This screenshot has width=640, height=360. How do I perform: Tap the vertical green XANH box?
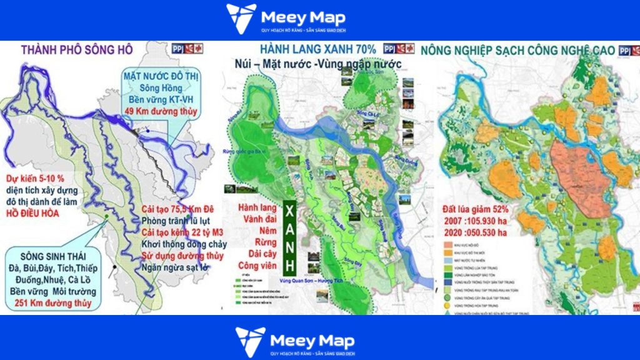(x=289, y=237)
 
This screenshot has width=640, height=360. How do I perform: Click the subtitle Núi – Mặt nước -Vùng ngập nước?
(x=303, y=64)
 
